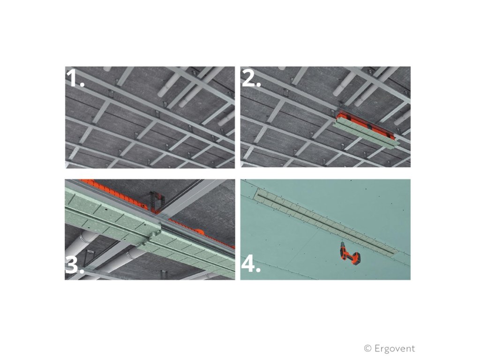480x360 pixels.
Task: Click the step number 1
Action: tap(75, 79)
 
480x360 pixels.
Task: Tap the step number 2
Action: tap(251, 79)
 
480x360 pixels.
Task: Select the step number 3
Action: tap(74, 264)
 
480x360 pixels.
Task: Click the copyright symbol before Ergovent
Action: tap(367, 348)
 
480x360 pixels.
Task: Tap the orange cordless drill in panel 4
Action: tap(350, 253)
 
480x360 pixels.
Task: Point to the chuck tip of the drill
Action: tap(342, 242)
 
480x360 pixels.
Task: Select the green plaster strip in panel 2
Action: tap(366, 134)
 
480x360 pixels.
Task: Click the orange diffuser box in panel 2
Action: tap(364, 122)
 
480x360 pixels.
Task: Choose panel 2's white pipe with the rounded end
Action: tap(345, 82)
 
